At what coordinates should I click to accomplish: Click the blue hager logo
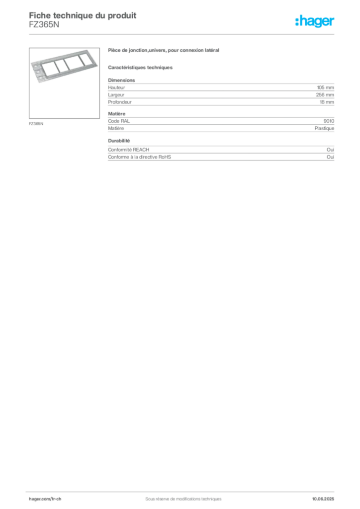tap(316, 22)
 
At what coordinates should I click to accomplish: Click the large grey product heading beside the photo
tap(165, 51)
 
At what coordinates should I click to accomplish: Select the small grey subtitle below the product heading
tap(141, 67)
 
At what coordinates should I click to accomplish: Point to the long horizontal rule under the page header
tap(183, 34)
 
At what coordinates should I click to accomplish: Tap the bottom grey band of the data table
tap(221, 153)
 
